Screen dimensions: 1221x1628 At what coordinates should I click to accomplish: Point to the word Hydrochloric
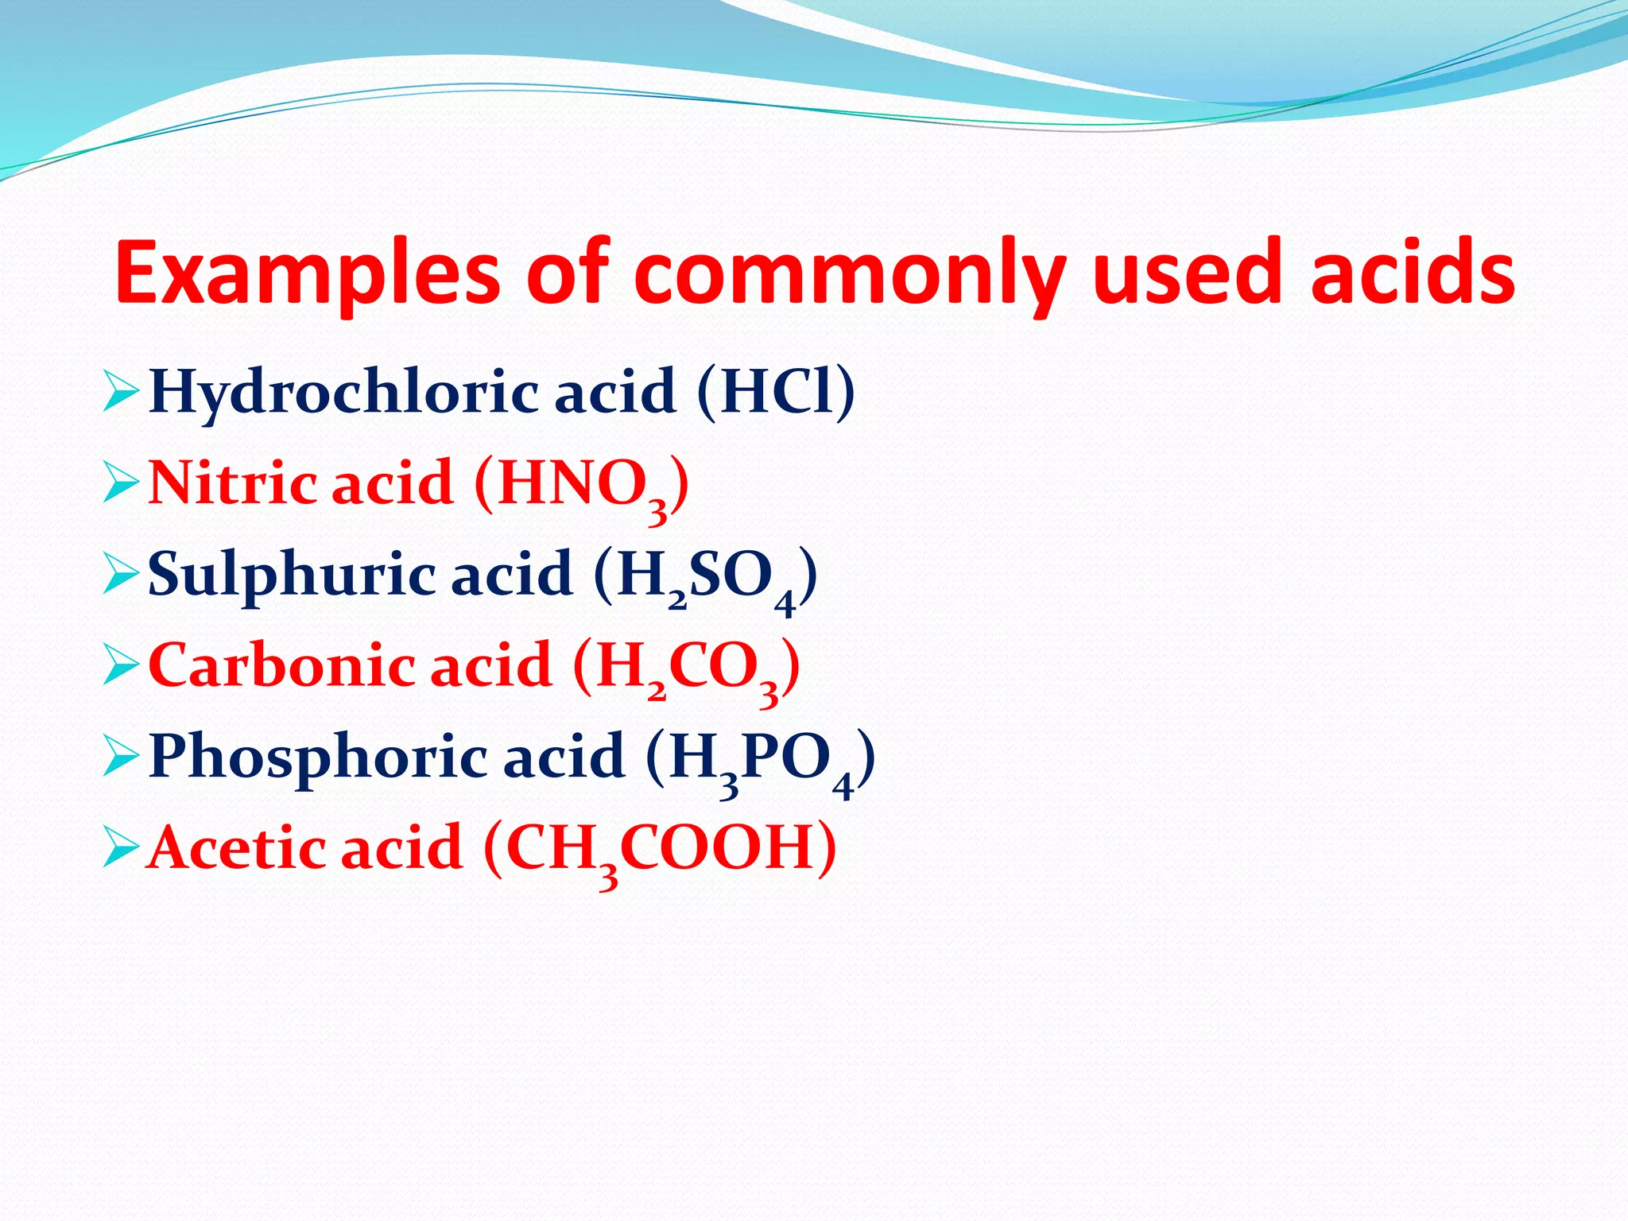[342, 393]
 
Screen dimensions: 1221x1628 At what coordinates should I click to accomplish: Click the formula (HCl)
[776, 391]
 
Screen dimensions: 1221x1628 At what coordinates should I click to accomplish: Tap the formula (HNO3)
[581, 485]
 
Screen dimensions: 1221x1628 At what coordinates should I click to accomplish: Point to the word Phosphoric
[318, 757]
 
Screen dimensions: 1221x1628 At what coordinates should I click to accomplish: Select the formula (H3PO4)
[760, 759]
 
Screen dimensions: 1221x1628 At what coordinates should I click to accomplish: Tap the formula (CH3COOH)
[660, 849]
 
